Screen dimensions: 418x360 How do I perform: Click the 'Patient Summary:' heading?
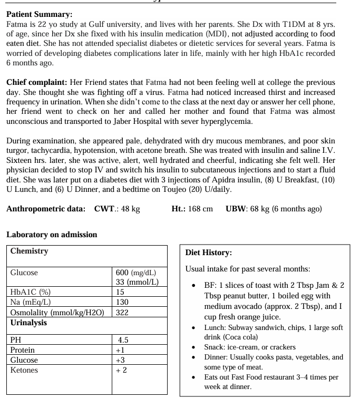40,15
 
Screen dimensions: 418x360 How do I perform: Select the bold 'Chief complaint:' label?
36,82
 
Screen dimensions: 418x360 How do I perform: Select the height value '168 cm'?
200,209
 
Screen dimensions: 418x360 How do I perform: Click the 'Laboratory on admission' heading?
52,234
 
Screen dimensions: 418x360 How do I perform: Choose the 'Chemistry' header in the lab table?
30,251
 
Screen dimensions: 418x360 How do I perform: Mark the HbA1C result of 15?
121,292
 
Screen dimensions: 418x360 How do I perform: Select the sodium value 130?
123,302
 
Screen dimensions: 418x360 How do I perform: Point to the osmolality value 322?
123,312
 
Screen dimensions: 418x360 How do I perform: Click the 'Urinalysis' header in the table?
28,322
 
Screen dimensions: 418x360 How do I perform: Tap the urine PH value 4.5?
124,340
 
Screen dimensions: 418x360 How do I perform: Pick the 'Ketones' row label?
25,370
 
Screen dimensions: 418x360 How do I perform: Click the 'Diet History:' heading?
209,252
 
